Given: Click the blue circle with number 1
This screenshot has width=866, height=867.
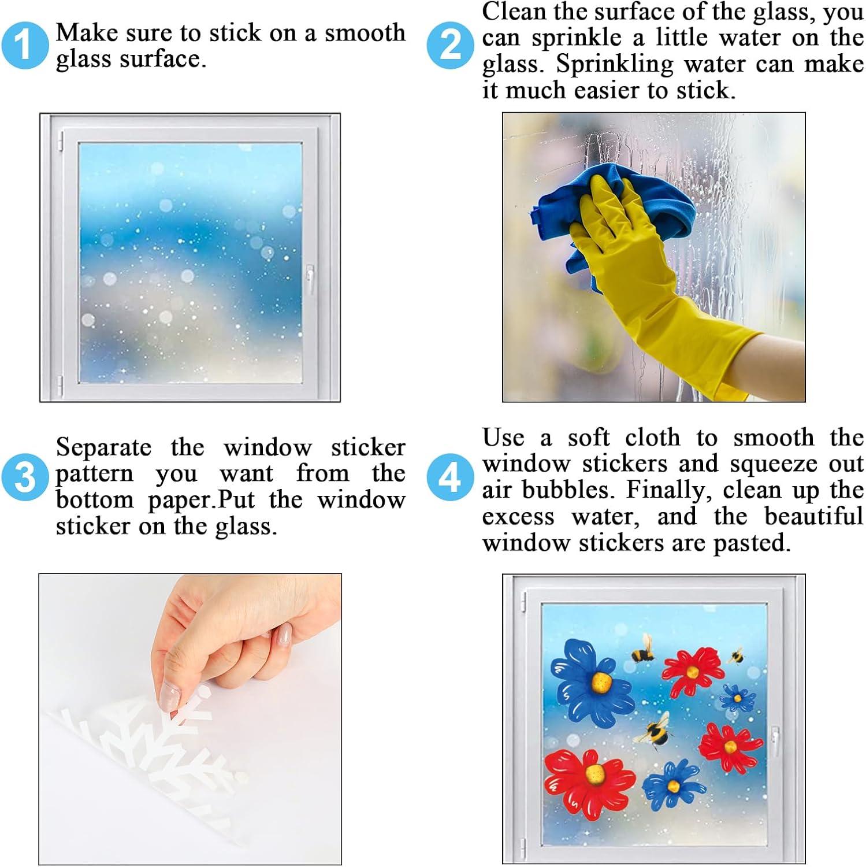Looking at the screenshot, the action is [x=24, y=45].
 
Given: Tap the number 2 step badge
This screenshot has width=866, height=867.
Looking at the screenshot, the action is [x=450, y=45].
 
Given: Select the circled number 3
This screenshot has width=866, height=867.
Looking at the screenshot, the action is [x=24, y=477].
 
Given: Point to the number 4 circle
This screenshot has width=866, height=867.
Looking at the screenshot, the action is [x=450, y=477].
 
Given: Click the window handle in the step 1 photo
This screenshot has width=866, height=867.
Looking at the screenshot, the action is [x=310, y=279].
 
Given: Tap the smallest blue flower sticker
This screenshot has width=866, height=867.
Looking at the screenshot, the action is [x=737, y=698].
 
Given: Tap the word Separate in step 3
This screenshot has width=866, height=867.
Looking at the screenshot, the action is [x=104, y=448].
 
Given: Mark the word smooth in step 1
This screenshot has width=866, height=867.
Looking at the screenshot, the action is [x=365, y=33].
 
